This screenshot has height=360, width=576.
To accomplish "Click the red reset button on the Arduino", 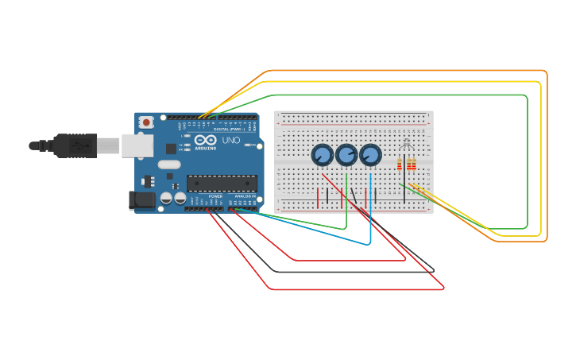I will tap(146, 122).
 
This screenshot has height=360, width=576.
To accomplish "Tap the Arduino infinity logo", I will tap(205, 140).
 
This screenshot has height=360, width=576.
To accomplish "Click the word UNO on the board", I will tap(230, 141).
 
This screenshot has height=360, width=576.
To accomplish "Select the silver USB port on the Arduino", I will tap(137, 145).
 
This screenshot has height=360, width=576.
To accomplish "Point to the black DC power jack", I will tap(141, 200).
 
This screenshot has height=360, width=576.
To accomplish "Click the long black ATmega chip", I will tap(222, 183).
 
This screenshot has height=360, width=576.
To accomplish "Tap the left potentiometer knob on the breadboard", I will tap(322, 154).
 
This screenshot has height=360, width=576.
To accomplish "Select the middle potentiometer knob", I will tap(346, 154).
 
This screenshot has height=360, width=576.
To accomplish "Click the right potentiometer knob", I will tap(370, 154).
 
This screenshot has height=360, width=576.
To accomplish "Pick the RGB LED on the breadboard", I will tap(407, 145).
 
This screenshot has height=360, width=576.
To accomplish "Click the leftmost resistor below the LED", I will tap(400, 165).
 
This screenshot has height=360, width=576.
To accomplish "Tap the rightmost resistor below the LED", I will tap(414, 165).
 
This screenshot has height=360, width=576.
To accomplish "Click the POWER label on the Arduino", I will tap(215, 195).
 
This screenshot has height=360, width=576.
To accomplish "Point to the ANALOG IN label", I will tap(245, 195).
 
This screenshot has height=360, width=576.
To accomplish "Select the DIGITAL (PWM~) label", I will tap(230, 129).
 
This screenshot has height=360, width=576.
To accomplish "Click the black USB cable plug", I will tap(75, 145).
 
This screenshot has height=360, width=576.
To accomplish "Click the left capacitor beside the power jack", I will tap(167, 198).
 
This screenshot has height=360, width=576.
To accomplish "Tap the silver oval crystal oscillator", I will tap(169, 165).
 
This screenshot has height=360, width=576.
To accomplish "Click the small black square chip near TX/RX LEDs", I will tap(171, 149).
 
